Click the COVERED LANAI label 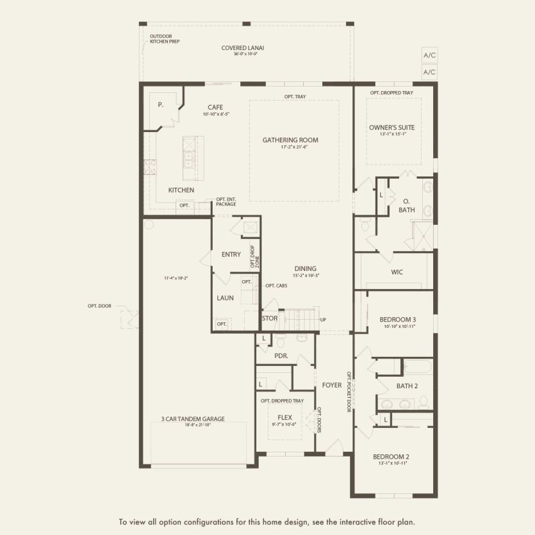243,47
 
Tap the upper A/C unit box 429,55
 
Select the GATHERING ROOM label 290,140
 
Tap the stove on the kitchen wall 150,167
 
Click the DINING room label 305,268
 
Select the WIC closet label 397,272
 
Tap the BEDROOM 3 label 397,319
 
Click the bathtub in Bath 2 419,367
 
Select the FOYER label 331,385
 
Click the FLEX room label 284,417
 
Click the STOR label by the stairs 270,318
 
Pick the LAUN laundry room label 225,297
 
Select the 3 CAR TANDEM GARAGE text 193,419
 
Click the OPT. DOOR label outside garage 99,306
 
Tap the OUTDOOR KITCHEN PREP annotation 163,38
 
